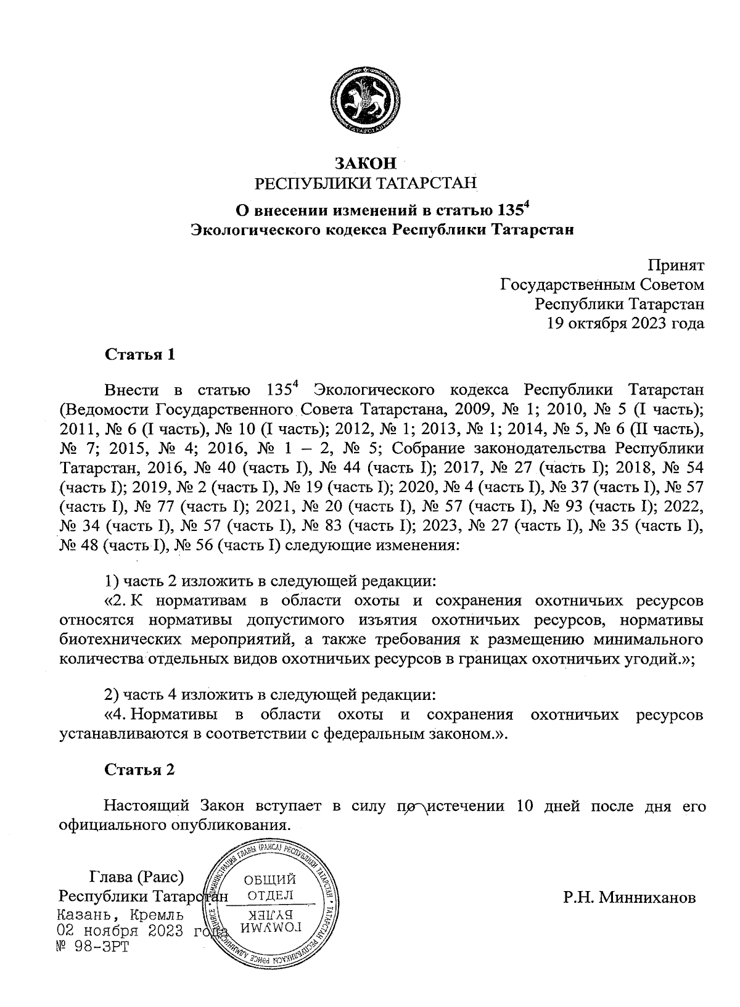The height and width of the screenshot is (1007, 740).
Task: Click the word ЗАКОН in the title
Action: (x=364, y=163)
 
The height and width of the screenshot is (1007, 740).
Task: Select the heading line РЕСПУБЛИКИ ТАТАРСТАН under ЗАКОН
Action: (x=366, y=183)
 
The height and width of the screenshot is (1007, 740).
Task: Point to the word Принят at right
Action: (x=675, y=266)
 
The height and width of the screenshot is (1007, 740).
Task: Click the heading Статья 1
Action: (x=140, y=355)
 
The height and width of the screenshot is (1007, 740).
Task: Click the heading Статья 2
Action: (x=140, y=770)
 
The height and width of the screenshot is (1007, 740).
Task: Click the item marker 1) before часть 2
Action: (x=110, y=581)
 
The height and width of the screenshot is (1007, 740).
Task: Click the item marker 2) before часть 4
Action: (x=111, y=695)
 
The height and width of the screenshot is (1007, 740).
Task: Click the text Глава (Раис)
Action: (x=138, y=876)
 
